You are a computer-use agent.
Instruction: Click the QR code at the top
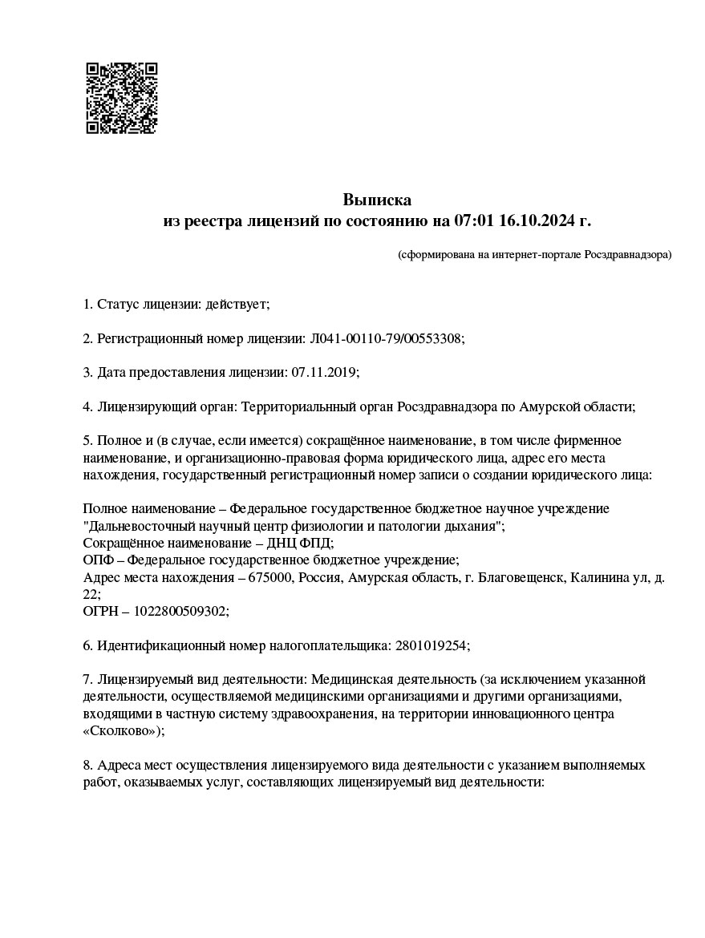pyautogui.click(x=122, y=98)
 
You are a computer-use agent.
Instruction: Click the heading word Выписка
pyautogui.click(x=377, y=200)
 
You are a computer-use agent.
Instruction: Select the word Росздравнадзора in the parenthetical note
pyautogui.click(x=626, y=255)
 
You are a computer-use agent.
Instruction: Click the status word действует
pyautogui.click(x=237, y=305)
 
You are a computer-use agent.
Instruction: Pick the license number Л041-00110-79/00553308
pyautogui.click(x=386, y=339)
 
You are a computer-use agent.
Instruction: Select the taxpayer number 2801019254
pyautogui.click(x=428, y=645)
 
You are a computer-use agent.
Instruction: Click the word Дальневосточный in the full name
pyautogui.click(x=134, y=526)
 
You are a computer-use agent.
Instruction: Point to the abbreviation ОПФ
pyautogui.click(x=98, y=560)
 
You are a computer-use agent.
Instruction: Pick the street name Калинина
pyautogui.click(x=598, y=577)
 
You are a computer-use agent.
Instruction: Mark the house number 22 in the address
pyautogui.click(x=91, y=594)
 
